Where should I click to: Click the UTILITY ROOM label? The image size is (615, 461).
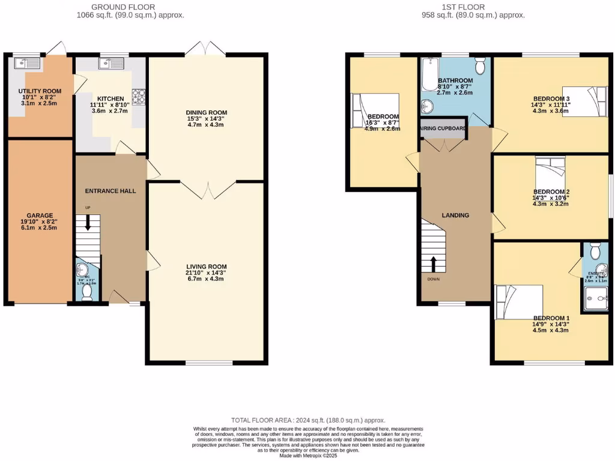pos(29,92)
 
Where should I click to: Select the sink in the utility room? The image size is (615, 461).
pos(27,62)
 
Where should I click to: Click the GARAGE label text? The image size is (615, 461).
pos(40,215)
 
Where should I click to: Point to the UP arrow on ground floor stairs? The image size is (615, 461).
pos(88,224)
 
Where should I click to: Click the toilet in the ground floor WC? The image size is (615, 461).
pos(87,292)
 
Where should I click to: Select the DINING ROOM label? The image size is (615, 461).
pos(207,112)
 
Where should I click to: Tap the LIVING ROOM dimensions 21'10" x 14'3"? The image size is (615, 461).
pos(207,273)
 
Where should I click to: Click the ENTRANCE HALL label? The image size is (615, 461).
pos(111,191)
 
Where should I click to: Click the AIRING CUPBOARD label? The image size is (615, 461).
pos(443,128)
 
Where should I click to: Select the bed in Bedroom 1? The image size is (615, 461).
pos(518,302)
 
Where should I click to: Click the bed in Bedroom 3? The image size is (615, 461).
pos(586,101)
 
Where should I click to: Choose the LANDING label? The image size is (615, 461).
pos(455,215)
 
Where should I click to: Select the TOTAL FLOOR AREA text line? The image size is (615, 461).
pos(308,420)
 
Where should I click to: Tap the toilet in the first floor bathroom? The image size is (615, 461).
pos(480,63)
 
